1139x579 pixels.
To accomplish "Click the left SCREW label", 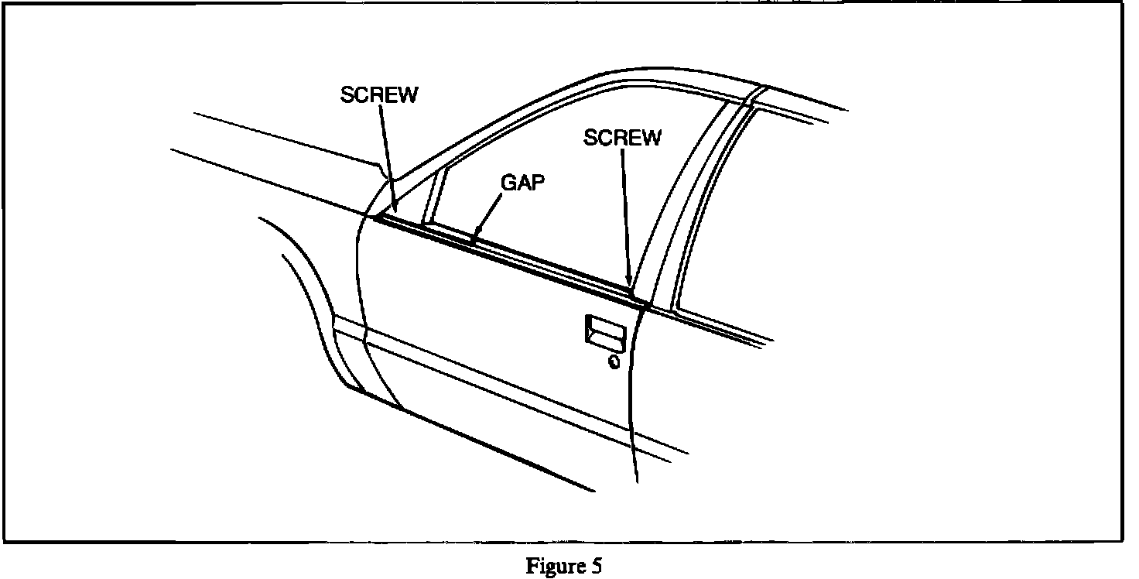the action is click(x=379, y=94).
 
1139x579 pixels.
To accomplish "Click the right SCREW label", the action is click(x=623, y=138).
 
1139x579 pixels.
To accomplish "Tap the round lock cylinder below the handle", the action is click(x=614, y=361).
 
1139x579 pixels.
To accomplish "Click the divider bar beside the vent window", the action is click(x=430, y=197).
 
